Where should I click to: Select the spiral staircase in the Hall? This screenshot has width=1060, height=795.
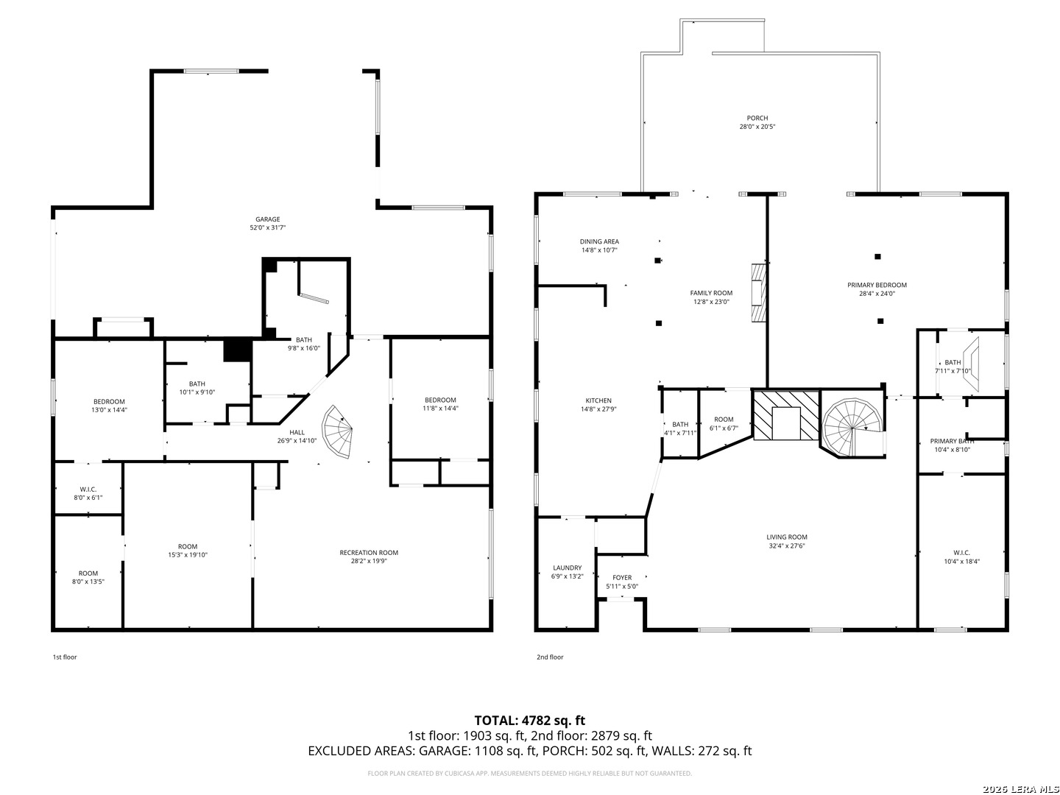click(x=337, y=431)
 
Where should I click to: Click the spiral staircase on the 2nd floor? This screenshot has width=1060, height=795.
click(x=853, y=427)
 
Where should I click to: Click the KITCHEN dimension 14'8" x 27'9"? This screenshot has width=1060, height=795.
click(x=598, y=409)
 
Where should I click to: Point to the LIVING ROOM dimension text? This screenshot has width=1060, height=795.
click(x=787, y=546)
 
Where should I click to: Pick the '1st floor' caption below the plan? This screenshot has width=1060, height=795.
click(x=65, y=657)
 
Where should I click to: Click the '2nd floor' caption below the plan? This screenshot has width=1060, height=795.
click(x=550, y=657)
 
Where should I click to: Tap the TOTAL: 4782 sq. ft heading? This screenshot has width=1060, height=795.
click(x=530, y=720)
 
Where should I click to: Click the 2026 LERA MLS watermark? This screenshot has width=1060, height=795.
click(x=1020, y=788)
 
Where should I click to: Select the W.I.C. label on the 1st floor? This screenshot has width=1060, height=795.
click(x=88, y=490)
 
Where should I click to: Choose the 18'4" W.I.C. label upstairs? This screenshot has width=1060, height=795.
click(x=962, y=553)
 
